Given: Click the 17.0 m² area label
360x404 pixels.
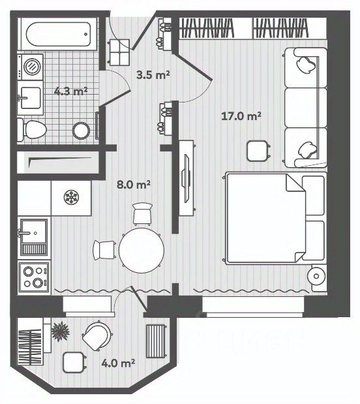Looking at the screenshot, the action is [241, 116].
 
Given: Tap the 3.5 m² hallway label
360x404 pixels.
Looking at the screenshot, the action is [153, 75].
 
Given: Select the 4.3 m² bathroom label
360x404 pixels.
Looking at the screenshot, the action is [71, 91].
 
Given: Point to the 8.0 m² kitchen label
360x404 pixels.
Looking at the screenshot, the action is [134, 185].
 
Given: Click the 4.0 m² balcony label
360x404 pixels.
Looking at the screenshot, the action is [118, 364].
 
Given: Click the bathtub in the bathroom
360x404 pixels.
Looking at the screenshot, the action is [59, 34].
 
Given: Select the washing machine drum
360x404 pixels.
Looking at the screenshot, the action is [32, 67].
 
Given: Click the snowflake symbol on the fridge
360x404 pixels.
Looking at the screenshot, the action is [71, 197].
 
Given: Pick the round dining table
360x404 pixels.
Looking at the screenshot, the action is [142, 250].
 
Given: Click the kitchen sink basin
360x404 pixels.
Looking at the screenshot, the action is [34, 231].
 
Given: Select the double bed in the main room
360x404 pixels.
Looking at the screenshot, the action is [275, 218].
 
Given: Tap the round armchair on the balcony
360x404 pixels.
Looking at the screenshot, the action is [97, 335].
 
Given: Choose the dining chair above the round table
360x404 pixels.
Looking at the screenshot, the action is [142, 214].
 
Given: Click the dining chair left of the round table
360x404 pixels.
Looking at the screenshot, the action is [104, 250].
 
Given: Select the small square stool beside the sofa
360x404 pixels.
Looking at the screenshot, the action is [258, 151].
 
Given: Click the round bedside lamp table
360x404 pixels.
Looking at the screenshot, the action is [316, 277].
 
